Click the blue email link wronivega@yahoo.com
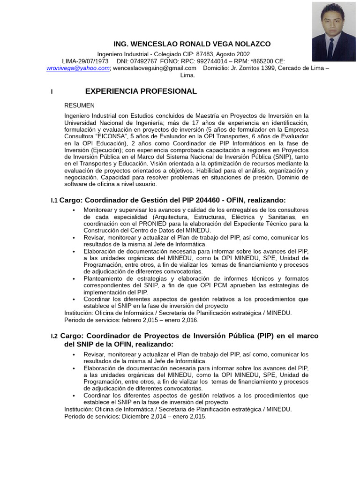click(x=78, y=68)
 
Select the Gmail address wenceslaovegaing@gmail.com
click(x=155, y=68)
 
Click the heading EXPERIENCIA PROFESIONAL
click(x=141, y=91)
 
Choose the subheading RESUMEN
click(x=79, y=105)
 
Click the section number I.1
click(x=54, y=201)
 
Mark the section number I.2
click(x=54, y=336)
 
